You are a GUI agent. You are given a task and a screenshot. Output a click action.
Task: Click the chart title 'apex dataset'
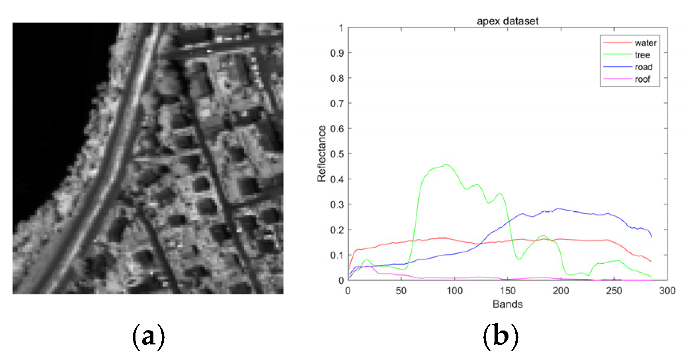click(507, 21)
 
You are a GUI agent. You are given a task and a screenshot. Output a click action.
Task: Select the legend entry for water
click(645, 43)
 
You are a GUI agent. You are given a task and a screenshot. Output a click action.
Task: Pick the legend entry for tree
click(642, 55)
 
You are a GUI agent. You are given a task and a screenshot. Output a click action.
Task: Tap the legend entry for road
click(643, 67)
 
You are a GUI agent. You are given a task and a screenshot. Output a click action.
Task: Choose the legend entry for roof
click(642, 79)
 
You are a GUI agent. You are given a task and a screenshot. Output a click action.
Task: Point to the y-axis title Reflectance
click(321, 154)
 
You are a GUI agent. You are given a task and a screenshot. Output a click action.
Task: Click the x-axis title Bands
click(507, 304)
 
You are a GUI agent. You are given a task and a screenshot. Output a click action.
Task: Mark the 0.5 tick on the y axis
click(337, 154)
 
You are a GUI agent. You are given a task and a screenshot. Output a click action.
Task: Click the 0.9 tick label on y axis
click(337, 53)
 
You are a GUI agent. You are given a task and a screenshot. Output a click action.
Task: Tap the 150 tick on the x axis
click(508, 291)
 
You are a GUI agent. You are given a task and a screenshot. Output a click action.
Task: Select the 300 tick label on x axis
click(667, 291)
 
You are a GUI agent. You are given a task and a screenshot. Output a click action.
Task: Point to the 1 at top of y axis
click(341, 28)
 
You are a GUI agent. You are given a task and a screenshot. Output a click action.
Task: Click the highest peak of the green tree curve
click(447, 165)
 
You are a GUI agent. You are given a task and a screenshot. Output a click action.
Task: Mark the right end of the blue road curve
click(651, 237)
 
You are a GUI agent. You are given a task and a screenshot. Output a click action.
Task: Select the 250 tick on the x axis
click(614, 291)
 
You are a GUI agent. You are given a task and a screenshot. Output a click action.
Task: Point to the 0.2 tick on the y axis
click(337, 230)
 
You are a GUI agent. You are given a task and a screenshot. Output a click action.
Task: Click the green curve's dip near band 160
click(518, 259)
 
